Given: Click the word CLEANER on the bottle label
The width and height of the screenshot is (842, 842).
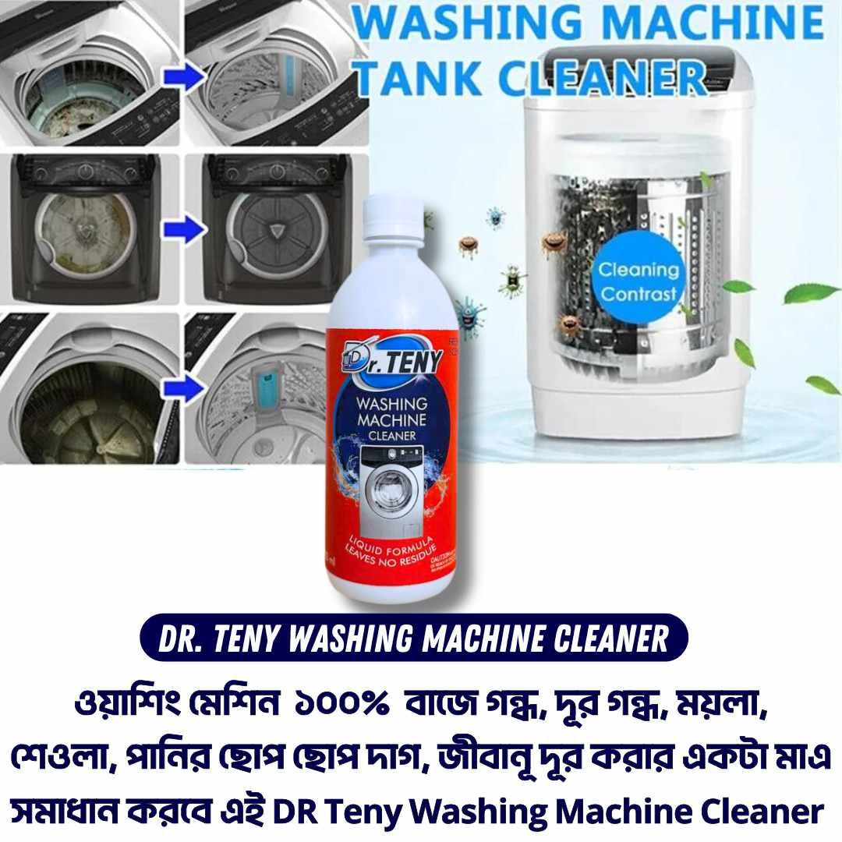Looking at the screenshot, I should pos(391,436).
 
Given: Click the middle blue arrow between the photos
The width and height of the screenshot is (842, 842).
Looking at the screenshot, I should pos(182,230).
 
